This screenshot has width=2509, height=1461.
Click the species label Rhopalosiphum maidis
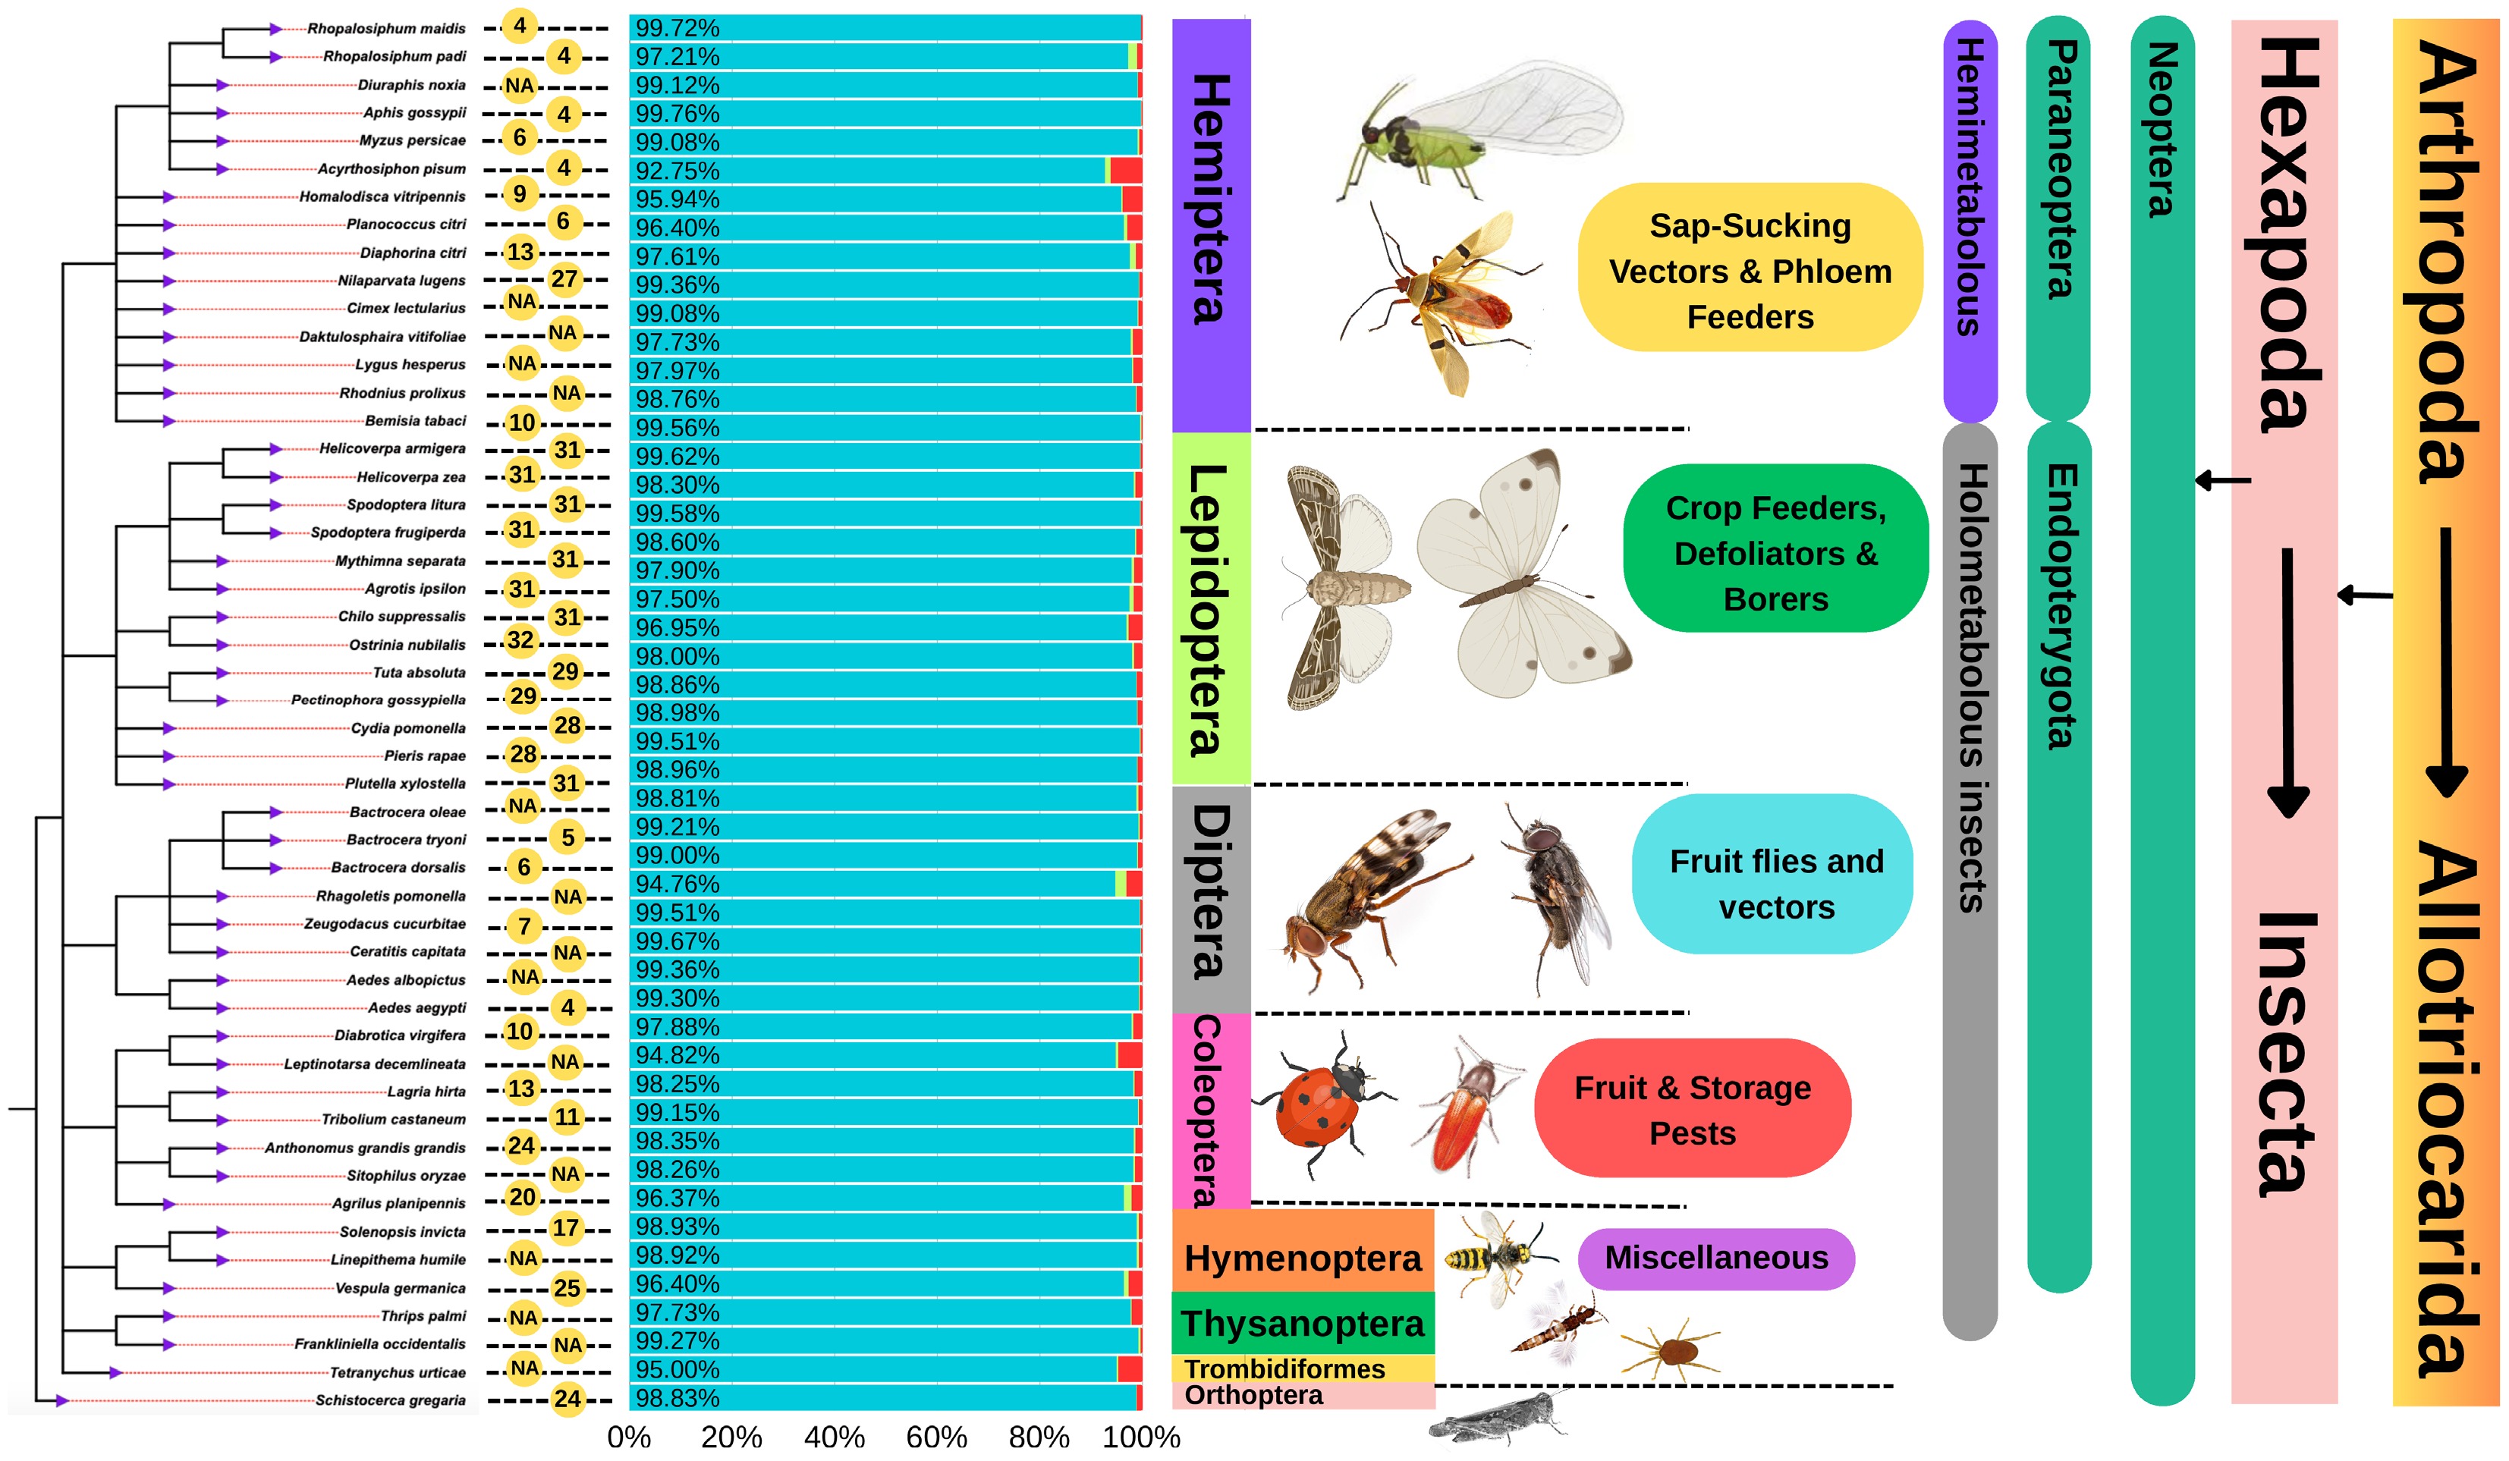click(x=386, y=29)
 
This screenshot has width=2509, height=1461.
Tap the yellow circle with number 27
click(x=564, y=280)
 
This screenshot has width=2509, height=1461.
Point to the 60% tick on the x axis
click(x=936, y=1437)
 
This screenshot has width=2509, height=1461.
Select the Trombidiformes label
click(x=1284, y=1369)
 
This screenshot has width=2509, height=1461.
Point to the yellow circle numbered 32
click(x=520, y=640)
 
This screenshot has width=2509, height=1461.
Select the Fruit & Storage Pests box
click(x=1692, y=1110)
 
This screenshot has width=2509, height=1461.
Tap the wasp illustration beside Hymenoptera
click(x=1495, y=1256)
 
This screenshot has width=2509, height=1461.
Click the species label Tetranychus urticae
click(x=398, y=1372)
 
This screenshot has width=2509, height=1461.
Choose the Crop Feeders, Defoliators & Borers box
click(x=1775, y=553)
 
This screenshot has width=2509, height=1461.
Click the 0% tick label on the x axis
click(x=629, y=1437)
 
